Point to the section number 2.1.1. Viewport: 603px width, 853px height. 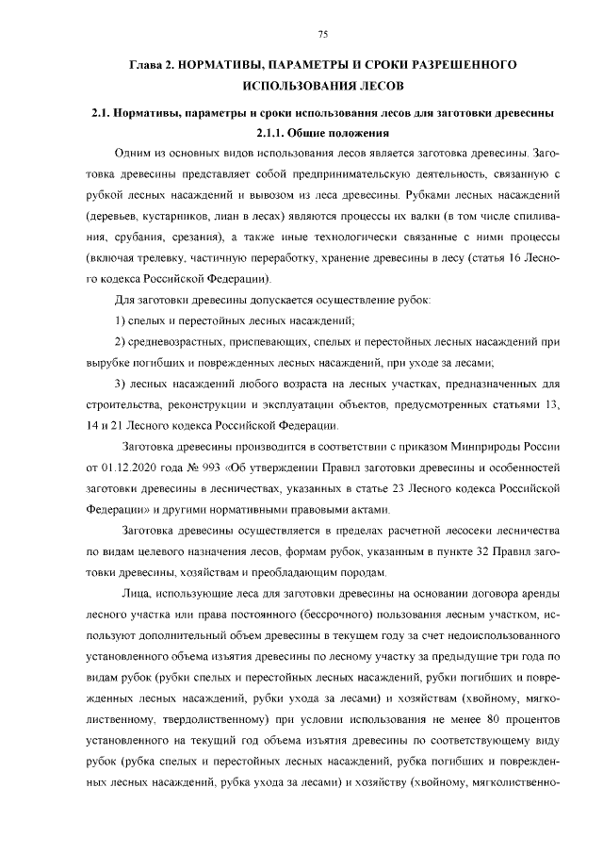[270, 132]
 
